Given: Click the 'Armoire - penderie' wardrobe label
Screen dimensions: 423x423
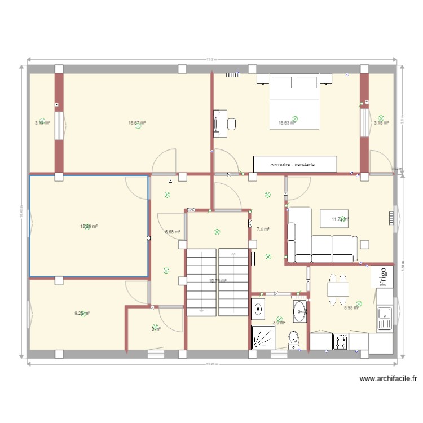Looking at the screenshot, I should click(x=295, y=164).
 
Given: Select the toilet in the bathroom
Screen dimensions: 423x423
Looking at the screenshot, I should click(x=293, y=340).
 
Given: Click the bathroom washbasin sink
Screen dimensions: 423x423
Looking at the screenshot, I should click(x=299, y=310).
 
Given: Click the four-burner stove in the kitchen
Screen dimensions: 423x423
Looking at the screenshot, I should click(x=341, y=342).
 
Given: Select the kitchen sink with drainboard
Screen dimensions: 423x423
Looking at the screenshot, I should click(x=385, y=319).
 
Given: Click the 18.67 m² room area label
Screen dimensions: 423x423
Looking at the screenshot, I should click(x=137, y=122).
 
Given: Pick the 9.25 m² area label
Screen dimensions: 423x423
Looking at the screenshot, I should click(x=83, y=314).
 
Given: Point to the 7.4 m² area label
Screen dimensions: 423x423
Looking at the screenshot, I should click(x=263, y=230).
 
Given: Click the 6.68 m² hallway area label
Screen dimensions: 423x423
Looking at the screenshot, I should click(x=173, y=232).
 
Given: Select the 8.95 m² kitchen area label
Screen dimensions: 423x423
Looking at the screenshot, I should click(x=352, y=308).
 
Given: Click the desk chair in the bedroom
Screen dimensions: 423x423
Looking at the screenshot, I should click(x=231, y=124).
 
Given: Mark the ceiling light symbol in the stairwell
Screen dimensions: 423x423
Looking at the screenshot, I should click(x=217, y=231).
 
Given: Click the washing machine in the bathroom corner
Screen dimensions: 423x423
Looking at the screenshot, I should click(x=259, y=309).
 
